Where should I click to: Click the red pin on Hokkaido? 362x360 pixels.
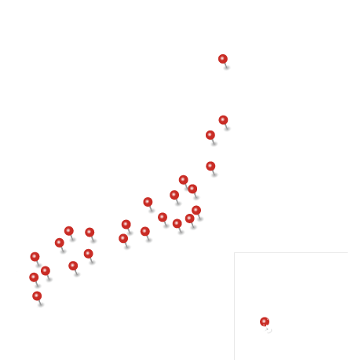pyautogui.click(x=223, y=59)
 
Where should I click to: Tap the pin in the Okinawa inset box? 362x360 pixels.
pyautogui.click(x=265, y=322)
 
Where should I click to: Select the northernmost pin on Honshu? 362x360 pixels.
pyautogui.click(x=223, y=120)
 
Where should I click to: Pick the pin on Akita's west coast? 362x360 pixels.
pyautogui.click(x=210, y=135)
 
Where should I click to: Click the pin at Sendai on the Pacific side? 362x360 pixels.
pyautogui.click(x=210, y=166)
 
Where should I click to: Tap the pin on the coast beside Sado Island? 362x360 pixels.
pyautogui.click(x=183, y=180)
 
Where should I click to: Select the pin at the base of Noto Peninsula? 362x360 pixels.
pyautogui.click(x=148, y=202)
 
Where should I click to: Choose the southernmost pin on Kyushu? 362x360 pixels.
pyautogui.click(x=37, y=296)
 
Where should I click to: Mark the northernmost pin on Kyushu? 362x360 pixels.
pyautogui.click(x=35, y=257)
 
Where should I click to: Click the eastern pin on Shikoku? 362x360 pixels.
pyautogui.click(x=88, y=254)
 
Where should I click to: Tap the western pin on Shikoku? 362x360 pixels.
pyautogui.click(x=73, y=266)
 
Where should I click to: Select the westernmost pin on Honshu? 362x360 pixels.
pyautogui.click(x=59, y=243)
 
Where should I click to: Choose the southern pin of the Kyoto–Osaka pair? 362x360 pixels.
pyautogui.click(x=123, y=238)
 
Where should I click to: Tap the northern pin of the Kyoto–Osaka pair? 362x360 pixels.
pyautogui.click(x=126, y=225)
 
